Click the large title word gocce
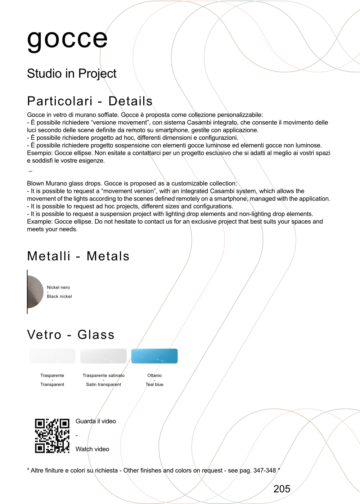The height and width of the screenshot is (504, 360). (67, 39)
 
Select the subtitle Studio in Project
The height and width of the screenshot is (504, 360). (72, 73)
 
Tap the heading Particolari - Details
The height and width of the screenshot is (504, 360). (90, 101)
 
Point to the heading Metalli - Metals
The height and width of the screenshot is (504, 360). (78, 256)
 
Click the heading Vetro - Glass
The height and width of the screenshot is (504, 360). (71, 334)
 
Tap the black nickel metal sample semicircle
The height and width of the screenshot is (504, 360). (35, 292)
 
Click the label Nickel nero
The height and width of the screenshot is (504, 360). (58, 287)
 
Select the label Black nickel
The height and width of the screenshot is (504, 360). (59, 296)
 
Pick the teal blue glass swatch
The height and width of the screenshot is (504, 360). (154, 356)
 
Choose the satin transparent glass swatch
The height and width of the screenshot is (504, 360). (103, 356)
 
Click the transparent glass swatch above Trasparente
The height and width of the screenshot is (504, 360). (52, 356)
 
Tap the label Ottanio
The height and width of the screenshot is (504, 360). (154, 375)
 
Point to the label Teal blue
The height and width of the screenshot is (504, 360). (154, 384)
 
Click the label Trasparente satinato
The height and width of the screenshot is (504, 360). (103, 375)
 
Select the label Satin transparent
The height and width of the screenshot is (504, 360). (103, 384)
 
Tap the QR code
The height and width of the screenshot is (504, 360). (52, 436)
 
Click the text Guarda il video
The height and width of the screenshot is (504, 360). (96, 421)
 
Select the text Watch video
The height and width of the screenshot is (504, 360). (92, 449)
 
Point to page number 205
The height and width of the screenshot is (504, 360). (282, 489)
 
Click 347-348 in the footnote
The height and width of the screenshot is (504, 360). (265, 471)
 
